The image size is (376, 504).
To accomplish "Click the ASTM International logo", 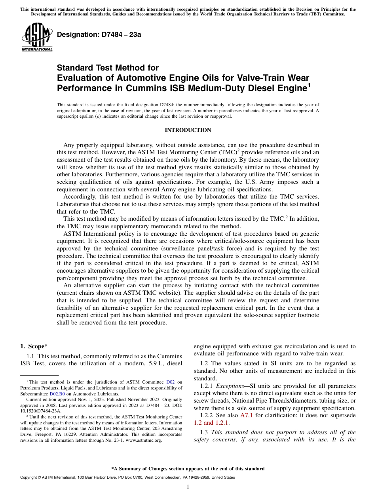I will coord(37,38).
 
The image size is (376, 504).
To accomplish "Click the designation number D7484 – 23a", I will coord(99,34).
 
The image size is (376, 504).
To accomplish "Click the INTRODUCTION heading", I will coord(188,130).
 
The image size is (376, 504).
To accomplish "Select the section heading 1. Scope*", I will coord(34,346).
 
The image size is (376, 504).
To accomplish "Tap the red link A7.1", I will coord(247,415).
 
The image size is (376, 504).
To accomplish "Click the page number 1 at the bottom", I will coord(188,487).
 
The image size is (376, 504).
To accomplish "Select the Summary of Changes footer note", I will coord(188,469).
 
